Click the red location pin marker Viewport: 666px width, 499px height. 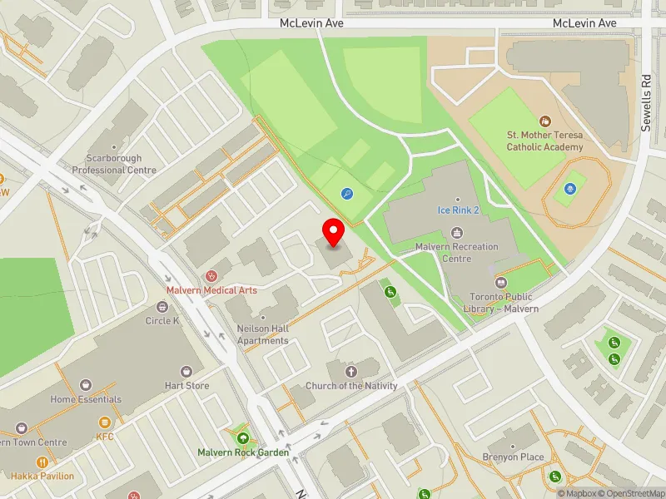[x=334, y=232]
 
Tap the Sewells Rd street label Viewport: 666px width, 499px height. [x=646, y=102]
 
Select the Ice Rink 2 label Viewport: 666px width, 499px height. [x=459, y=210]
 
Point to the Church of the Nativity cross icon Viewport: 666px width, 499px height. [x=350, y=371]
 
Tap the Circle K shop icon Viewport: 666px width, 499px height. [x=162, y=306]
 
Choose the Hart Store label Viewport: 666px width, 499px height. [x=186, y=386]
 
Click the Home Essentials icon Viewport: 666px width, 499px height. [x=85, y=385]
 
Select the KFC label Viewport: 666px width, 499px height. [x=105, y=437]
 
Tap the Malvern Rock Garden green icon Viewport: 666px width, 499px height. [x=243, y=438]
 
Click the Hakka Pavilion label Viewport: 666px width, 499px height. [x=42, y=477]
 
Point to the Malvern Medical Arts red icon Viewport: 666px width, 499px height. [x=211, y=275]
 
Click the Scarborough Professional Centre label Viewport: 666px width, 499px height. [x=114, y=164]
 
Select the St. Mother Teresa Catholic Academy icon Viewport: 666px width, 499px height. [x=545, y=121]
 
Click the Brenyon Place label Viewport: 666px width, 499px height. [x=513, y=457]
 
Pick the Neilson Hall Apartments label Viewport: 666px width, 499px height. [x=263, y=335]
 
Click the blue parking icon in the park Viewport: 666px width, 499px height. [x=347, y=194]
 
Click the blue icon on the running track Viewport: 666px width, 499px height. [x=570, y=190]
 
